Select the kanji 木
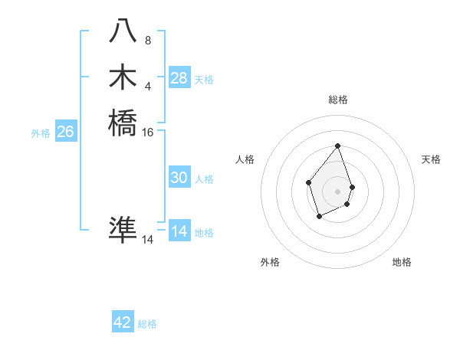(123, 77)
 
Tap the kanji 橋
(123, 123)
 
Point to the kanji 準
(123, 230)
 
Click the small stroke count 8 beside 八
(148, 40)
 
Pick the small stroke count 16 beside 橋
(148, 133)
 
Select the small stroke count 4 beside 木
(148, 86)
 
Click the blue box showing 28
(179, 78)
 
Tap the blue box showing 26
(65, 132)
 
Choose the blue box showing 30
(179, 178)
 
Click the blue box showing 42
(123, 322)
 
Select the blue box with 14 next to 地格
(179, 231)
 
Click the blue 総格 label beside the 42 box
(147, 324)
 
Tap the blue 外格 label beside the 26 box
(41, 133)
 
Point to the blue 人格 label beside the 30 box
(204, 179)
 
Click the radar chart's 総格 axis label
(338, 100)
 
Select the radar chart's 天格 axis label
(431, 159)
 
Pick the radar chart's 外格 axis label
(270, 262)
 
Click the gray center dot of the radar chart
(338, 191)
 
